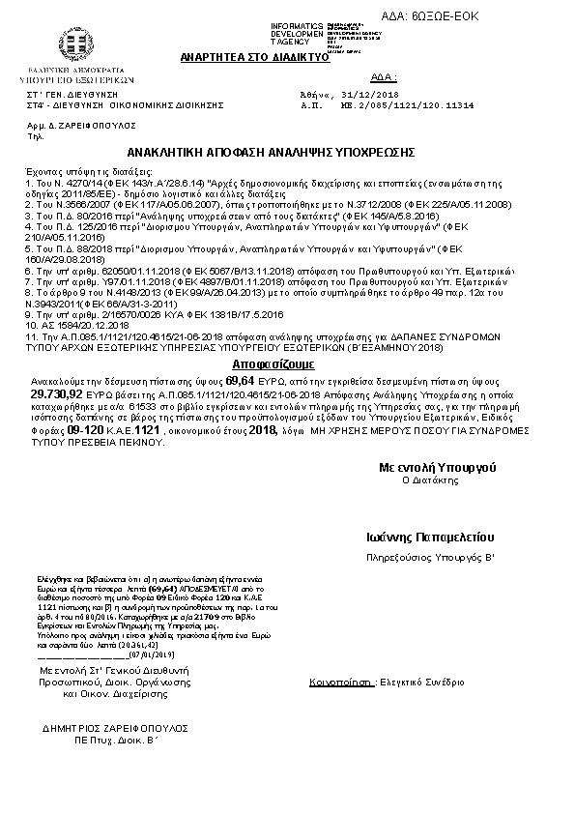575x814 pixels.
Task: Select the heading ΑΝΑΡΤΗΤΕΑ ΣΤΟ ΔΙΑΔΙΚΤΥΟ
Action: tap(255, 58)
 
